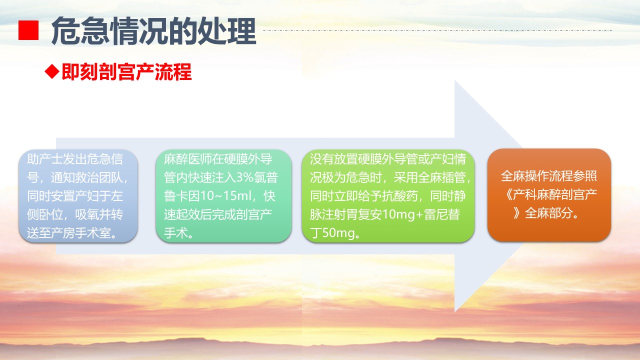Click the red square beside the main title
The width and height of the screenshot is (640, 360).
click(28, 30)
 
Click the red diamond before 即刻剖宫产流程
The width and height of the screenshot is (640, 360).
click(52, 71)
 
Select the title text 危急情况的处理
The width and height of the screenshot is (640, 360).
click(153, 31)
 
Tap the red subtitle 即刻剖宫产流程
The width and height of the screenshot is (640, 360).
click(126, 71)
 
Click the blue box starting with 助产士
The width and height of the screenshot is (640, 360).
click(78, 196)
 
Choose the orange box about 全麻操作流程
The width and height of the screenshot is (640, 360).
click(549, 195)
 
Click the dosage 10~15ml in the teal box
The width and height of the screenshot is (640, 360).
click(224, 196)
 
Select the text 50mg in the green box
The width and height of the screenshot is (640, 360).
click(338, 233)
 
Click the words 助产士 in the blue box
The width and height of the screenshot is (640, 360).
click(45, 159)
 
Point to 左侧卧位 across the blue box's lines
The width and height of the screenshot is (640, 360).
click(75, 205)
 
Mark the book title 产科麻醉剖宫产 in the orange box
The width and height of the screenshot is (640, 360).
click(555, 194)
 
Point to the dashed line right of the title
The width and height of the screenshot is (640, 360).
click(437, 30)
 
